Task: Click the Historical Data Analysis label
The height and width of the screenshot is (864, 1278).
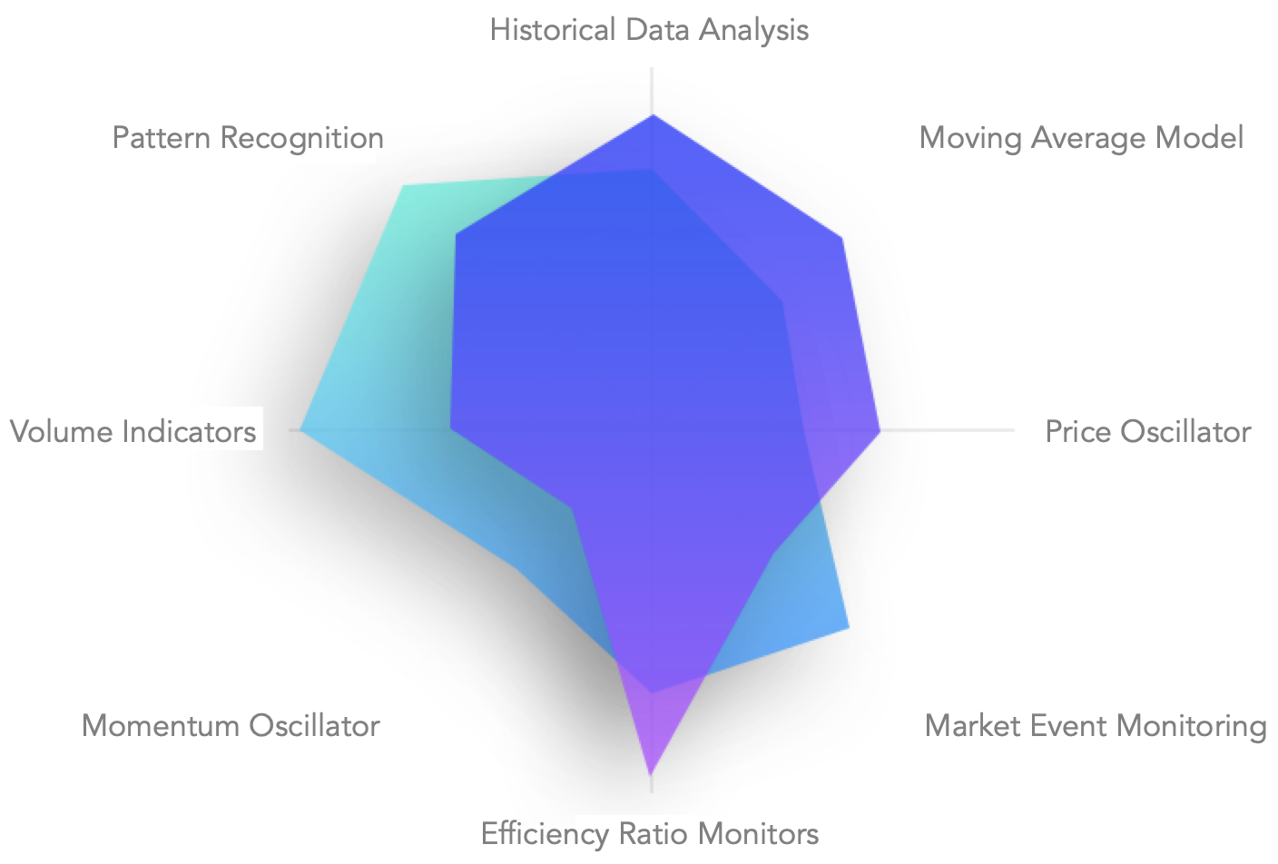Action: tap(648, 30)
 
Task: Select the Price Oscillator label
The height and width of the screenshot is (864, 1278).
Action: tap(1147, 431)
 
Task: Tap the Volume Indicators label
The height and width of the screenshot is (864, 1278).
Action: tap(133, 431)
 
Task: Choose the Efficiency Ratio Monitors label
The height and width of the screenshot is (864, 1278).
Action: tap(649, 833)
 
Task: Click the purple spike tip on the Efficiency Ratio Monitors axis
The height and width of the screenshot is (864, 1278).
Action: tap(651, 776)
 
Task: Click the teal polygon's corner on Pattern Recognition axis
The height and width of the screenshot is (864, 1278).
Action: tap(403, 184)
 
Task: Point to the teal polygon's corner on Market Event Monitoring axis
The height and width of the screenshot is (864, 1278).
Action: tap(850, 628)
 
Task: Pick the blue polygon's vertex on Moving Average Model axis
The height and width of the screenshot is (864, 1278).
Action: tap(844, 238)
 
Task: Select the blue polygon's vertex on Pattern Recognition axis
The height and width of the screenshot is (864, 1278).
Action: tap(456, 235)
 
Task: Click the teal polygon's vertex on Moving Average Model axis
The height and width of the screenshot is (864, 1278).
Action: tap(782, 299)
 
